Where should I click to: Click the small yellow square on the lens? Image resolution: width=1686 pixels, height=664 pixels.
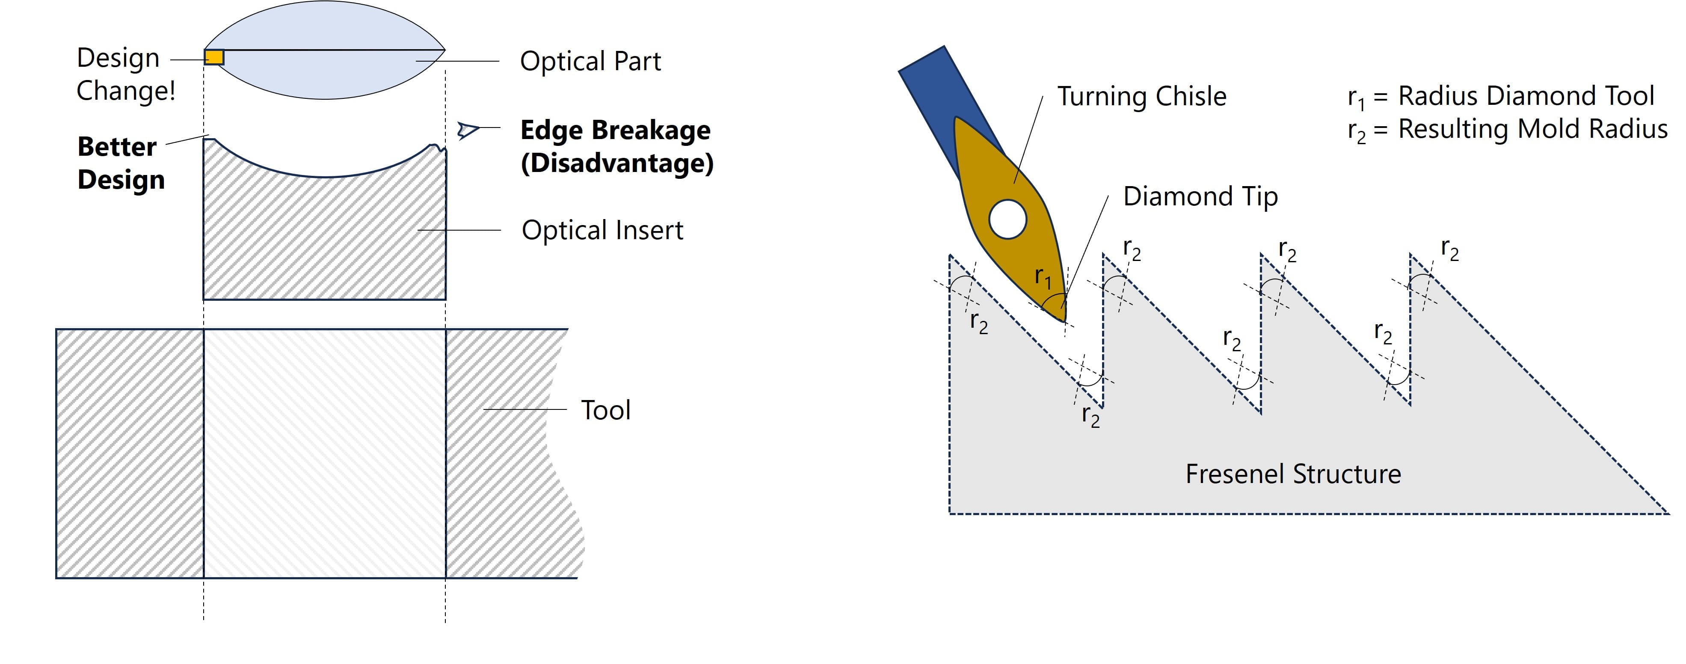click(x=214, y=57)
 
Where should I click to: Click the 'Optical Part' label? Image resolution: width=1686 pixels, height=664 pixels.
click(x=590, y=61)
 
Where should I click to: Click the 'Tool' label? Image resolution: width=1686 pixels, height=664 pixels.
click(x=605, y=410)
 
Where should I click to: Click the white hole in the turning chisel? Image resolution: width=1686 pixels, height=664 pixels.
click(x=1007, y=219)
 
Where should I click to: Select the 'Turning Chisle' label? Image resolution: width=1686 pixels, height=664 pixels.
click(x=1141, y=96)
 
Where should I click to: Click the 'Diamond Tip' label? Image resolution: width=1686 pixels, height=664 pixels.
click(x=1200, y=196)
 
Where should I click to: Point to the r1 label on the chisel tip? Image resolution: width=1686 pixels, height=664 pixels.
click(x=1043, y=278)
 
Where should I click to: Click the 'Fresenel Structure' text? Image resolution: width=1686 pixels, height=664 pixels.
click(x=1293, y=474)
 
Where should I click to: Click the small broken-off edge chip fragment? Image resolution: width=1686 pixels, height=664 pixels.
click(x=467, y=130)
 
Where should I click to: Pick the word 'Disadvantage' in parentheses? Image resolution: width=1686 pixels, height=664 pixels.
click(x=616, y=163)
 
